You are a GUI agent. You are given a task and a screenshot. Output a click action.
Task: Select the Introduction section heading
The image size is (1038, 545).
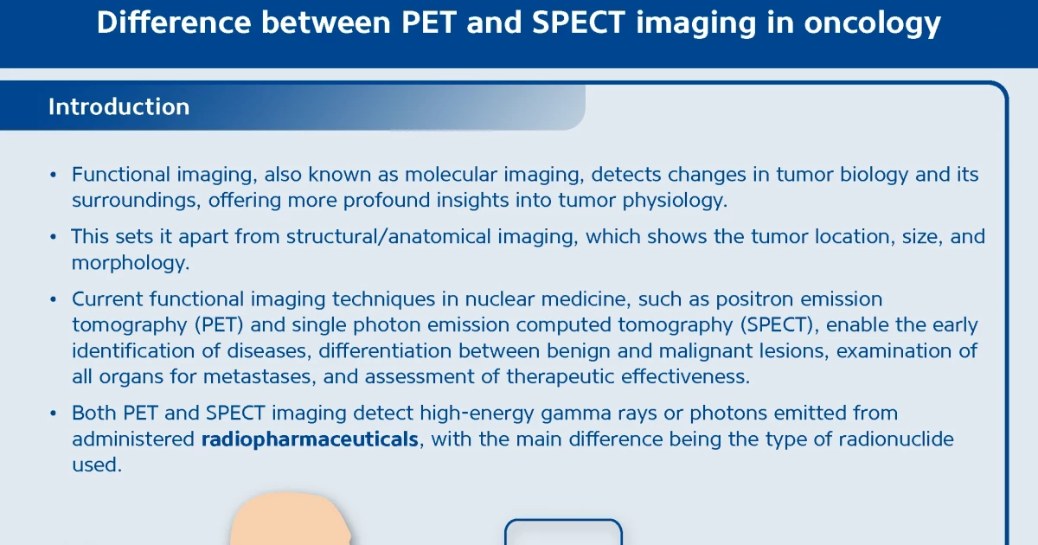[x=119, y=107]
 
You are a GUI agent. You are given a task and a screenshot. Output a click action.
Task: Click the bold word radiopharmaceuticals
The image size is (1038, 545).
[x=310, y=439]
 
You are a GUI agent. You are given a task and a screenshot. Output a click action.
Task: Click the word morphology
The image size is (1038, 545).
[x=130, y=263]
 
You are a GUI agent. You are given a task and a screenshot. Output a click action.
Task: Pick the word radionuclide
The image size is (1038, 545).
[x=882, y=439]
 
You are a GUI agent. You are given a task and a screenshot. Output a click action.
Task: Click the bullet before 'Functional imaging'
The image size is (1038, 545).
[x=53, y=176]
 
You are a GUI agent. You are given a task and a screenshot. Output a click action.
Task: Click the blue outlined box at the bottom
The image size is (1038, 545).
[x=563, y=532]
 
